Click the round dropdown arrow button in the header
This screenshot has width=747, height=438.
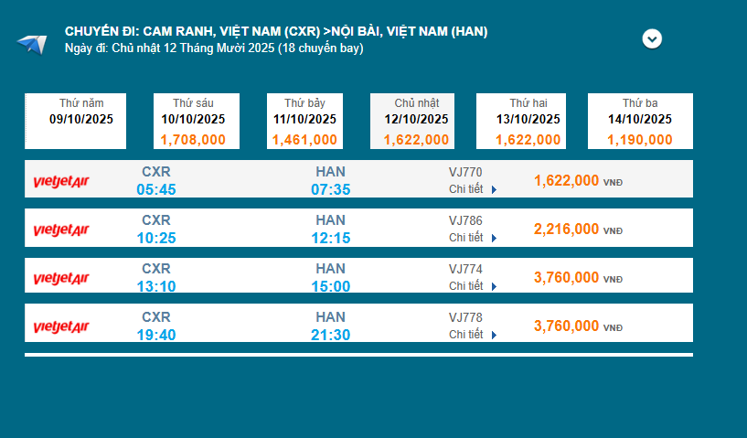(x=652, y=39)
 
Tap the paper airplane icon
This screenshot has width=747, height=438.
(x=31, y=43)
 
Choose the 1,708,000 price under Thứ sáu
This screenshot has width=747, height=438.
(x=193, y=140)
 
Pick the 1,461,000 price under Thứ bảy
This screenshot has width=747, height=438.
(x=304, y=140)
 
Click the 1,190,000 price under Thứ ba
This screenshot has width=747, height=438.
(x=640, y=140)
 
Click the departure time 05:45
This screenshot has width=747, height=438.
(x=156, y=189)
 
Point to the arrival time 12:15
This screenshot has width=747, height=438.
(x=330, y=238)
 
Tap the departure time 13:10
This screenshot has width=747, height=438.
(x=156, y=286)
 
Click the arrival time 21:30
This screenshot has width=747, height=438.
(x=330, y=335)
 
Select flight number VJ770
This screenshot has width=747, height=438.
(x=465, y=172)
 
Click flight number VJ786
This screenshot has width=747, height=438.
(x=465, y=220)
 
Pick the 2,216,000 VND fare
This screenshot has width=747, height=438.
(x=567, y=229)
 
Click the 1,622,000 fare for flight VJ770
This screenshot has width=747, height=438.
(x=567, y=180)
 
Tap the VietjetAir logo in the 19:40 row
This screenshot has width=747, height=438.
(x=61, y=326)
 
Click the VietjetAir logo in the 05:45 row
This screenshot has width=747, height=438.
(x=61, y=181)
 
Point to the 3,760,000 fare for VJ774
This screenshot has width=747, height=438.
(x=567, y=277)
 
